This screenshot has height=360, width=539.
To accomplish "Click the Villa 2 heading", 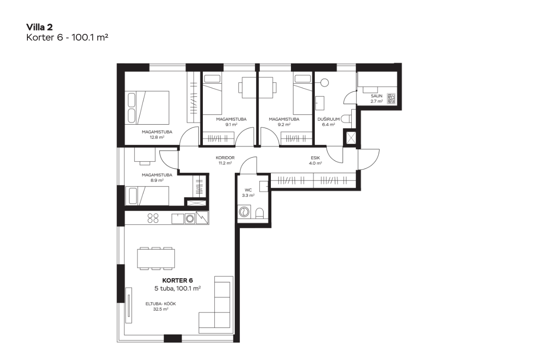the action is pyautogui.click(x=40, y=27).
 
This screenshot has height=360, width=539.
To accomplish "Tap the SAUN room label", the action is pyautogui.click(x=376, y=96).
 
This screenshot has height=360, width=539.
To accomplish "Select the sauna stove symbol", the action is pyautogui.click(x=391, y=99).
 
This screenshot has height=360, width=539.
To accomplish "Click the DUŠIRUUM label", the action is pyautogui.click(x=328, y=119).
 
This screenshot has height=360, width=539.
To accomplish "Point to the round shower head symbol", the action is pyautogui.click(x=324, y=83).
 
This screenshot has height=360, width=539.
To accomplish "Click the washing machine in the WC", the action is pyautogui.click(x=244, y=212).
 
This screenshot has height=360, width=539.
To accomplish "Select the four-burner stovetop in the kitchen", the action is pyautogui.click(x=153, y=217).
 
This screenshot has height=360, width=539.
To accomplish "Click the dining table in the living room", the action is pyautogui.click(x=156, y=258).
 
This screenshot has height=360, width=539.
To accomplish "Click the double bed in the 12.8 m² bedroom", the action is pyautogui.click(x=147, y=107).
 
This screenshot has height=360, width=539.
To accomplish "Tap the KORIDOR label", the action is pyautogui.click(x=225, y=158).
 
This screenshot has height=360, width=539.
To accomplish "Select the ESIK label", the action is pyautogui.click(x=315, y=158).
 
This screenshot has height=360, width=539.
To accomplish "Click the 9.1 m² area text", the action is pyautogui.click(x=231, y=124).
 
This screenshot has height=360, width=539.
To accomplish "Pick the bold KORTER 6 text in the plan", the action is pyautogui.click(x=177, y=281).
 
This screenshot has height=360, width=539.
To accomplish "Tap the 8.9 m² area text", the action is pyautogui.click(x=157, y=180).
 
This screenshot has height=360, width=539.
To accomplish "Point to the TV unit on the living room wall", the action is pyautogui.click(x=129, y=305).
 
